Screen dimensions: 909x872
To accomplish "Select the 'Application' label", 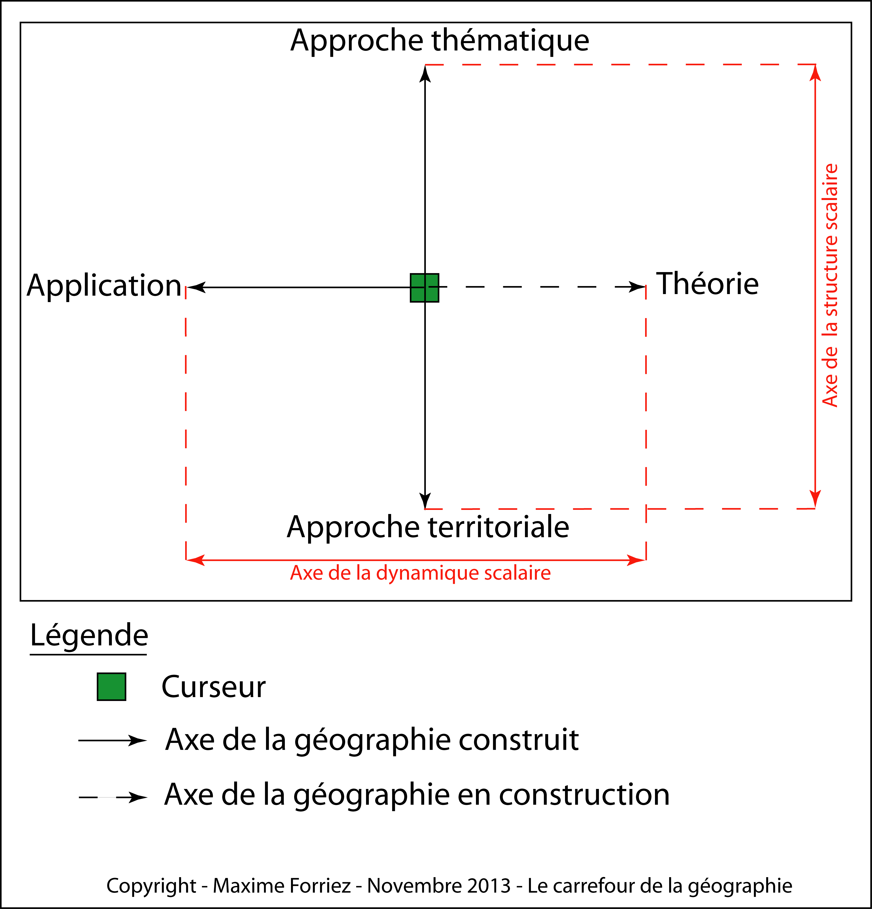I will click(104, 286).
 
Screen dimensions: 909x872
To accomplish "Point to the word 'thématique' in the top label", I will click(510, 41).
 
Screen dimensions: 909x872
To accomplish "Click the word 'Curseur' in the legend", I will click(213, 687).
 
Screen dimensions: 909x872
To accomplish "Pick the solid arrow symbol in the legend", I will click(113, 741).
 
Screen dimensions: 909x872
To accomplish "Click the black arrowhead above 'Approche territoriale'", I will click(425, 500).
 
